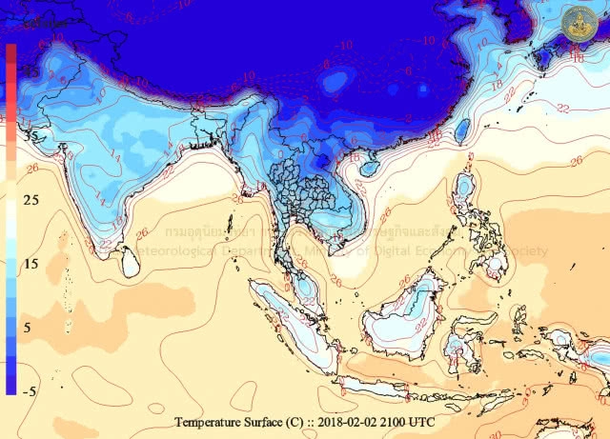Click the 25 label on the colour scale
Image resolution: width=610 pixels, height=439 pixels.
tap(30, 200)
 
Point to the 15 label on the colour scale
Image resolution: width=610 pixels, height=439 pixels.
tap(30, 264)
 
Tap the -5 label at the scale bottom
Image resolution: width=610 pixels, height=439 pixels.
tap(29, 390)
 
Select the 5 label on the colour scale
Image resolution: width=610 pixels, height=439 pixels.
tap(30, 327)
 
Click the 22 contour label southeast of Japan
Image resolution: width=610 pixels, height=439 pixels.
tap(564, 108)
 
